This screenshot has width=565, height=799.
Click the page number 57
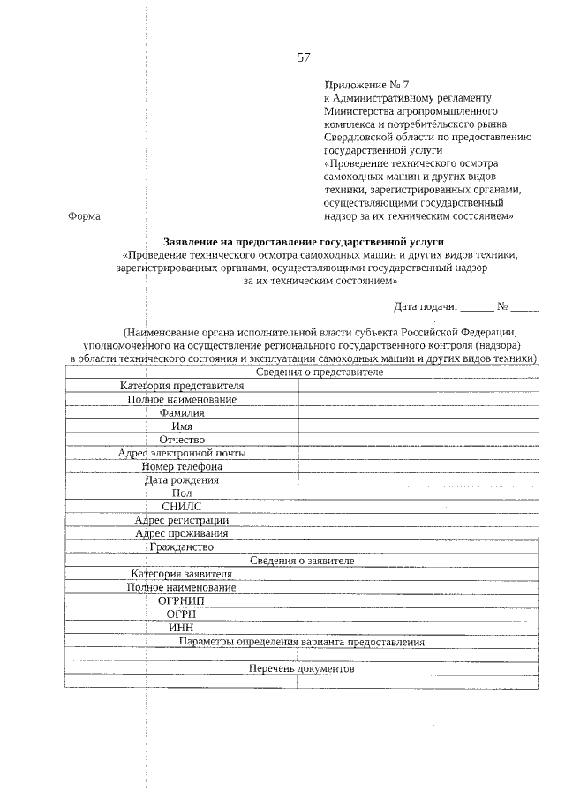[x=304, y=57]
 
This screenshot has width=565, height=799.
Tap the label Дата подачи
[x=426, y=307]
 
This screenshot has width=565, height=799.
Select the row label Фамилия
[x=182, y=413]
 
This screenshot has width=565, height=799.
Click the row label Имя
[x=182, y=426]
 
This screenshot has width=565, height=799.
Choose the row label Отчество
[x=182, y=440]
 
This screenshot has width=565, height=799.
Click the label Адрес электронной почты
[x=182, y=453]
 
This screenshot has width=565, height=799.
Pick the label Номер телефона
[x=182, y=466]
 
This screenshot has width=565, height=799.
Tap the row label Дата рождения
[x=182, y=480]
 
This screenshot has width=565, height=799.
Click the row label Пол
[x=182, y=494]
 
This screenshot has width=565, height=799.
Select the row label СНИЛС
[x=182, y=507]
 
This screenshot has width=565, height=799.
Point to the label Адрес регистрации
[x=182, y=520]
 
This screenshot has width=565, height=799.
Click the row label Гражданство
[x=182, y=546]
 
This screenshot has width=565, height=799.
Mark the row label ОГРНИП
[x=182, y=600]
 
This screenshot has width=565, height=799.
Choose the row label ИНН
[x=182, y=627]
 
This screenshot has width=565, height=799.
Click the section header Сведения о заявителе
[x=302, y=561]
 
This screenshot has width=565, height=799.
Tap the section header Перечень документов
[x=302, y=668]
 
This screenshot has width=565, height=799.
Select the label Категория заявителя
[x=182, y=574]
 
